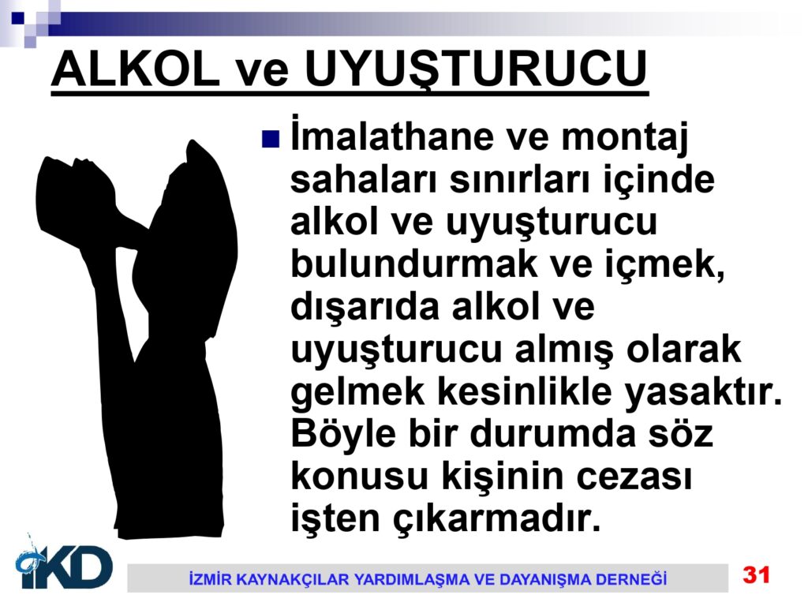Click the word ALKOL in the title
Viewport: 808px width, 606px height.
click(x=135, y=69)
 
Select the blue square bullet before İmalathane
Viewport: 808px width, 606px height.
click(x=271, y=139)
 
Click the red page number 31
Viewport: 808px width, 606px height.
click(x=756, y=575)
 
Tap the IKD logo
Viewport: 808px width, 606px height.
click(x=64, y=563)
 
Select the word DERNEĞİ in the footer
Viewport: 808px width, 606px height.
click(x=631, y=578)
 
